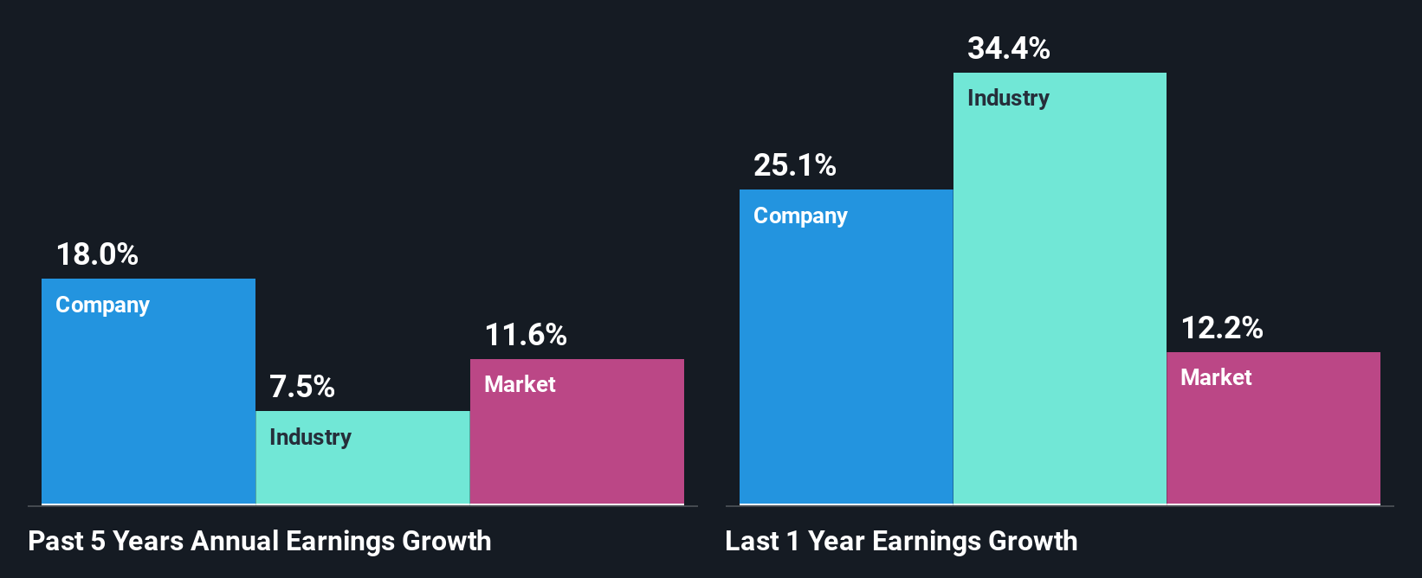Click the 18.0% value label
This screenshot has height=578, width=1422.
pos(97,254)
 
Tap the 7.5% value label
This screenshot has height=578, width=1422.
pos(302,387)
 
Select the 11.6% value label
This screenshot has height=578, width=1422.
pos(526,335)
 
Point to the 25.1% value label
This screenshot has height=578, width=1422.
pos(795,165)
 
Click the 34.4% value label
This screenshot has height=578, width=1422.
pos(1009,48)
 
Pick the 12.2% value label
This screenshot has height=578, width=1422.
pos(1222,328)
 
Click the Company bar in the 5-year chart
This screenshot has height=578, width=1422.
pos(148,407)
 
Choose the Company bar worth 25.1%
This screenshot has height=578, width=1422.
pos(846,363)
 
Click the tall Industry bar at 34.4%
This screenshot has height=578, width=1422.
pos(1060,303)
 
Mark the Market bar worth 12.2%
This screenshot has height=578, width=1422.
pos(1273,441)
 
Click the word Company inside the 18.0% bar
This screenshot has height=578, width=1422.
pos(102,305)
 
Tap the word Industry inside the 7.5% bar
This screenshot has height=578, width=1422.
pos(310,437)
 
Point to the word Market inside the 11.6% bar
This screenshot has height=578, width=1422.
pos(520,384)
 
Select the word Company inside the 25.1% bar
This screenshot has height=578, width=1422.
pos(800,216)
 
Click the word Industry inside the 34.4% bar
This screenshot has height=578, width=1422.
pos(1008,99)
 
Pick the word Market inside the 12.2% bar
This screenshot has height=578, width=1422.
pos(1216,377)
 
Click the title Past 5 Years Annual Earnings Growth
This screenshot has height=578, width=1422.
pos(260,542)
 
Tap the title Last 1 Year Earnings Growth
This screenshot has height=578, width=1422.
pos(902,542)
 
